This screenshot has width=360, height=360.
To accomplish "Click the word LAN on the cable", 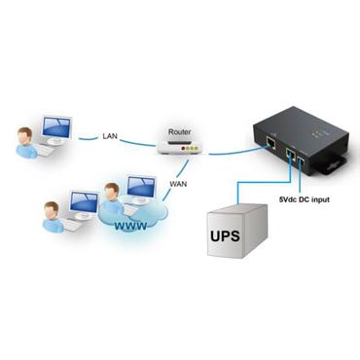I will tap(110, 136).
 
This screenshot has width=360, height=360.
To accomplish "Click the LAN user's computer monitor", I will tap(57, 130).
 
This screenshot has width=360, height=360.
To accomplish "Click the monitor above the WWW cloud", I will tap(141, 189).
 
